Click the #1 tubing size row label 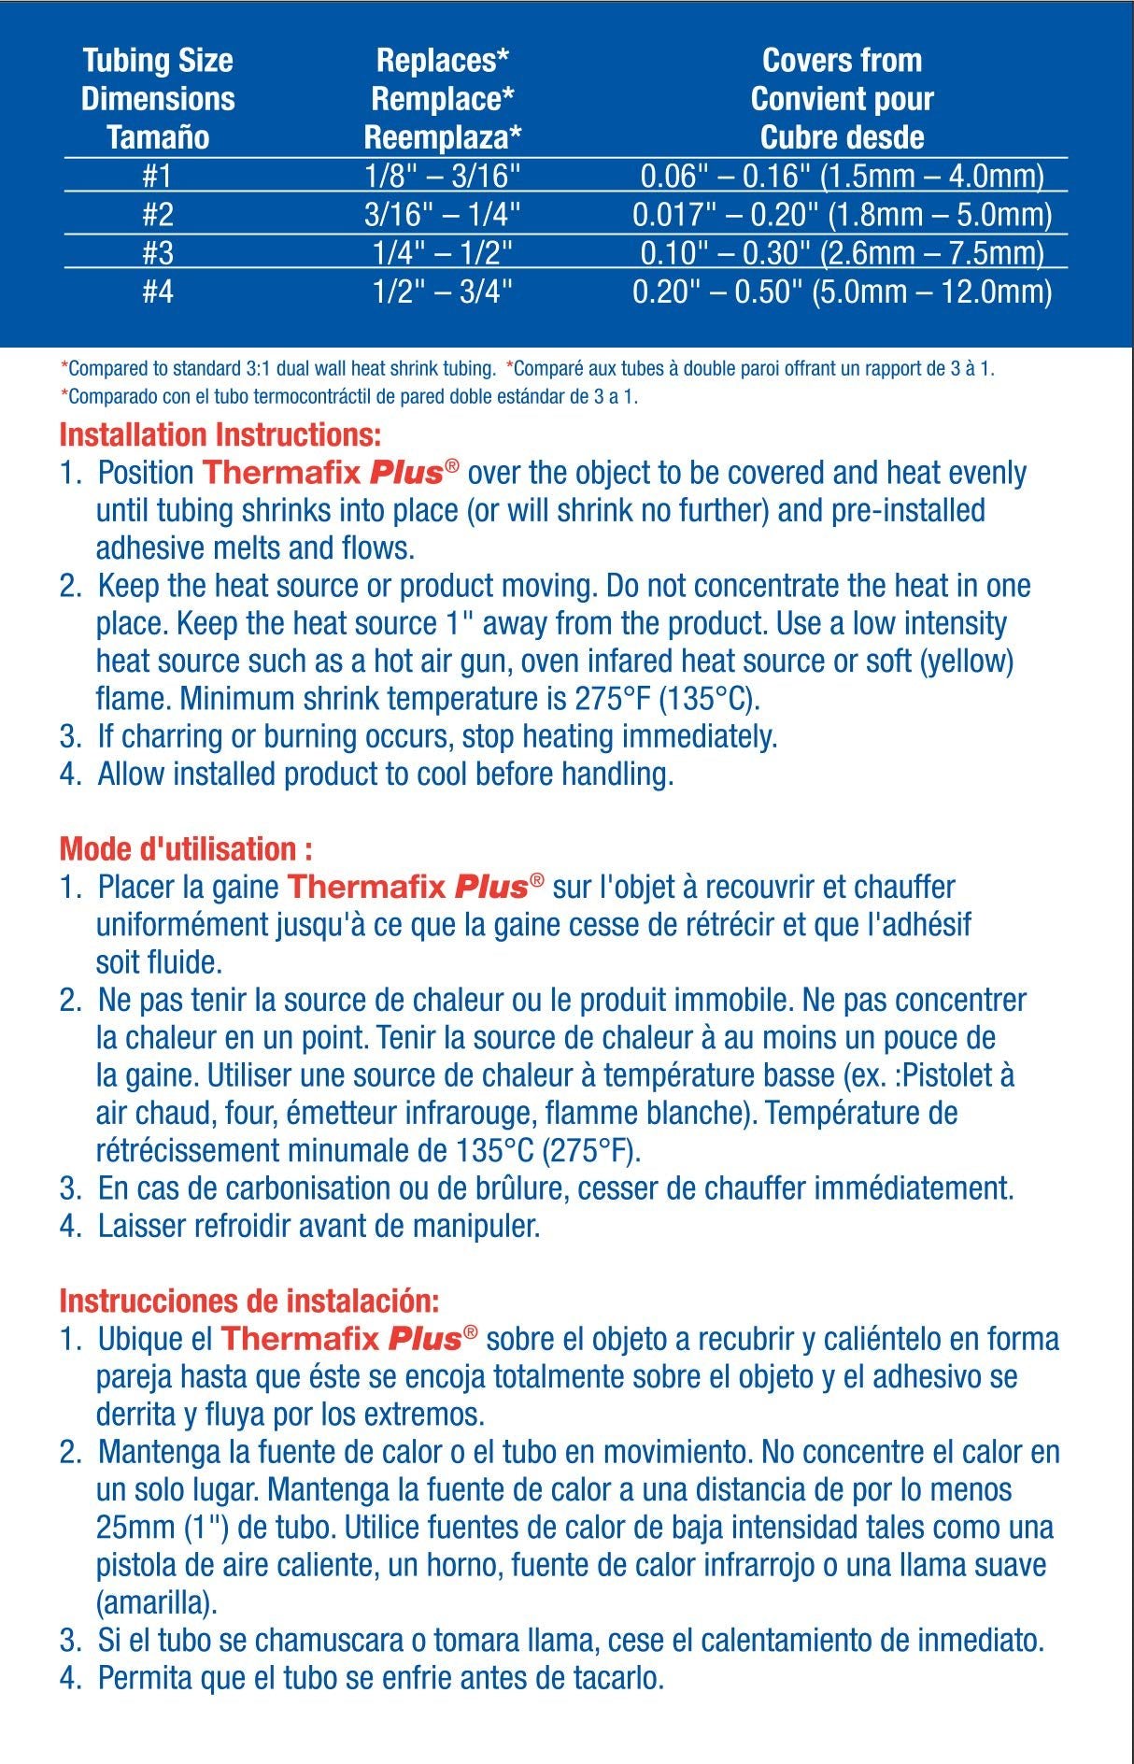tap(157, 177)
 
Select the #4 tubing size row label tap(157, 292)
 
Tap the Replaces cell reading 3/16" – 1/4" tap(442, 216)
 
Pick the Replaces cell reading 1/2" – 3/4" tap(443, 292)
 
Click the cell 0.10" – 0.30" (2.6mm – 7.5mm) tap(842, 254)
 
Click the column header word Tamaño tap(157, 138)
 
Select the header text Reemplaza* tap(442, 138)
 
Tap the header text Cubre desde tap(842, 138)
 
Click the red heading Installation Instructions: tap(220, 435)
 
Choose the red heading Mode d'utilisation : tap(186, 849)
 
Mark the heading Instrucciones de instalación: tap(248, 1301)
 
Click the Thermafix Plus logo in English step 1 tap(331, 472)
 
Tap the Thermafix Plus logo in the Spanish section tap(349, 1338)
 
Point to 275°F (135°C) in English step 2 tap(667, 699)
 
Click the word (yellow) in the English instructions tap(967, 661)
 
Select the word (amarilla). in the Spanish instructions tap(156, 1603)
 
